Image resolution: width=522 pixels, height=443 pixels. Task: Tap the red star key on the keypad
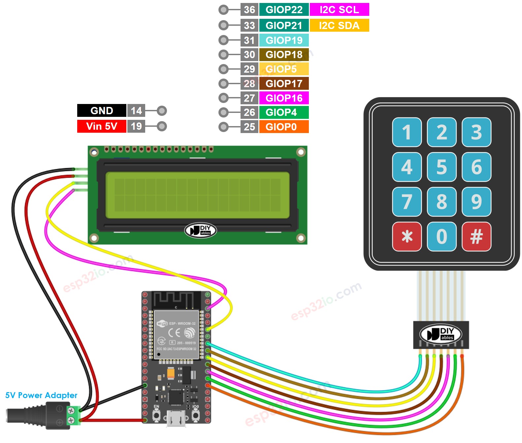click(x=407, y=236)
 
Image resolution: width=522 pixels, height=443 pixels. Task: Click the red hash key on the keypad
click(x=476, y=236)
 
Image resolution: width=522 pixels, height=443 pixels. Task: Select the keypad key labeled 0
click(x=441, y=236)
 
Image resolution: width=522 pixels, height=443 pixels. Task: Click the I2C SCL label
click(x=339, y=10)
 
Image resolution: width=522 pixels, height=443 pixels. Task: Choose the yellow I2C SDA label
click(x=339, y=25)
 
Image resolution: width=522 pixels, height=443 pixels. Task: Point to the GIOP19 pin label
click(x=284, y=40)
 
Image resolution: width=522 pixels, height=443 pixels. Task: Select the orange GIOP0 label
click(x=284, y=127)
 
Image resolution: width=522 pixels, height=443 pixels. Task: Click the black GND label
click(x=102, y=111)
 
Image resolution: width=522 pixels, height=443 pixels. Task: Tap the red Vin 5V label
click(x=102, y=126)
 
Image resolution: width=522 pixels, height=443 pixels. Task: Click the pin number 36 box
click(x=249, y=10)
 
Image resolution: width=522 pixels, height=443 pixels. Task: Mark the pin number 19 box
click(x=136, y=126)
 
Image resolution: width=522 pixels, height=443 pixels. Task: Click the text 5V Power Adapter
click(x=41, y=395)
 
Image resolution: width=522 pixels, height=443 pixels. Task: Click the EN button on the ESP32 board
click(x=156, y=415)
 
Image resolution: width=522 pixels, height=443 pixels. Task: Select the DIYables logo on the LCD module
click(x=200, y=230)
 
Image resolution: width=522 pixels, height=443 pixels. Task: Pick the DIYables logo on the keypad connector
click(x=441, y=334)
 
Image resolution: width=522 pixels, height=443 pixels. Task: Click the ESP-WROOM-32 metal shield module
click(x=176, y=334)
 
